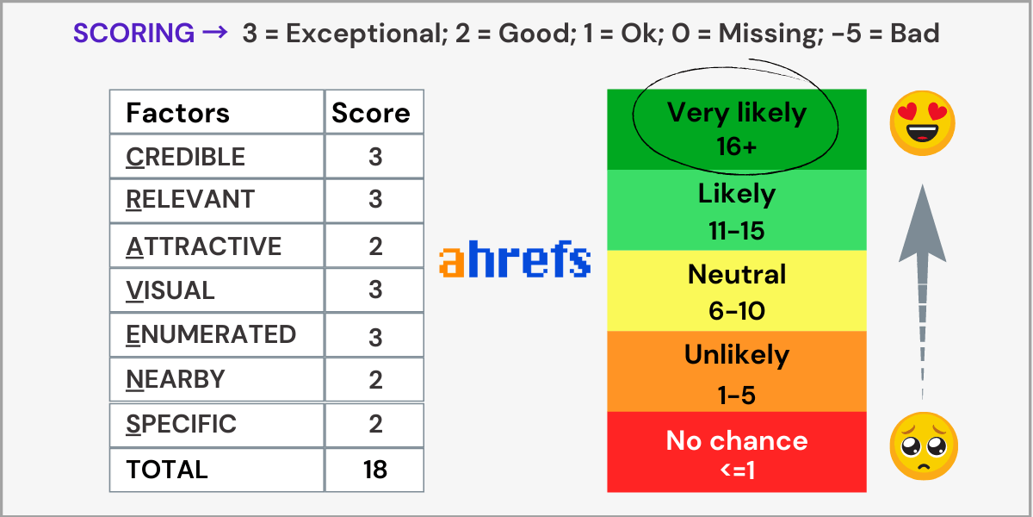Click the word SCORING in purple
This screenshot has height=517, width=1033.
coord(133,34)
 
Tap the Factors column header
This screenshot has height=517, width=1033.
coord(177,113)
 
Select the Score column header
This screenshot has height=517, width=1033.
coord(371,113)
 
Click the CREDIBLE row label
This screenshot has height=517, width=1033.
coord(185,157)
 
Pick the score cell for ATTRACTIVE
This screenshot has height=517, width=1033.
coord(374,246)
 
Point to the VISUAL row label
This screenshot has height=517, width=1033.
coord(170,290)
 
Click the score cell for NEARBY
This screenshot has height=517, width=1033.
coord(374,379)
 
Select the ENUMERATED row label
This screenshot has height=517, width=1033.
coord(211,334)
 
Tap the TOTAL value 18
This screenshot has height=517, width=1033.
coord(375,470)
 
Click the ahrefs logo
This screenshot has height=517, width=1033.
coord(515,258)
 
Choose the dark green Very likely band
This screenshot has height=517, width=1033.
coord(737,130)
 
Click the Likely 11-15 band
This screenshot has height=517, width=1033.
coord(737,210)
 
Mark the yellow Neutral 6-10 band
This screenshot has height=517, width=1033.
coord(737,291)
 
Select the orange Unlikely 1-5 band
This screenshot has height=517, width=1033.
coord(737,371)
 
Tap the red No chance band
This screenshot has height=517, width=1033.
coord(737,452)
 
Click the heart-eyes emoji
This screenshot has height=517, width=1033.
coord(922,122)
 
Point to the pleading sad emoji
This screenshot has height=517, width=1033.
coord(924,446)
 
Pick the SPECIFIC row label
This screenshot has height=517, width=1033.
coord(181,424)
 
